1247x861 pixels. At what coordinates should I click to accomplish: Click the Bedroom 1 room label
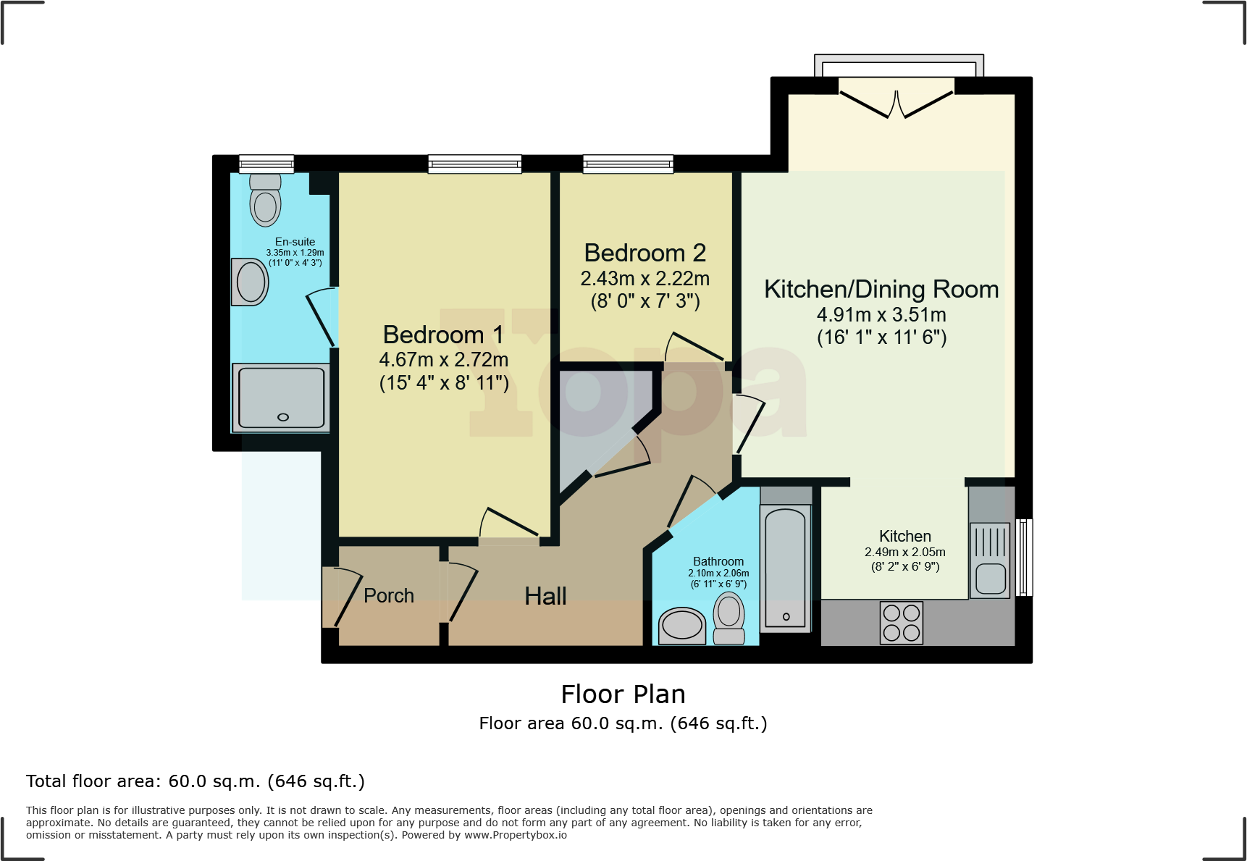tap(442, 335)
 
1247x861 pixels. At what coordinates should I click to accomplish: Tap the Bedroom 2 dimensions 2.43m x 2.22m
tap(645, 279)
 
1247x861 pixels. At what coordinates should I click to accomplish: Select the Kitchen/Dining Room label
tap(881, 289)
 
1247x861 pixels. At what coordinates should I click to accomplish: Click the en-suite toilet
tap(265, 201)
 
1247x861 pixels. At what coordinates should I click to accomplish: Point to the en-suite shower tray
tap(281, 398)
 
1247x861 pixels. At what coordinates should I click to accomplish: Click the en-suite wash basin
tap(250, 282)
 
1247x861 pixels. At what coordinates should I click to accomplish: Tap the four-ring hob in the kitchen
tap(902, 622)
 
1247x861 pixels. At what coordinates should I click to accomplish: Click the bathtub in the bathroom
tap(786, 568)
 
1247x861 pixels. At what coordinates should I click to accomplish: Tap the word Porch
tap(389, 595)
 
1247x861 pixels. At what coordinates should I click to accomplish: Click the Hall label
tap(545, 596)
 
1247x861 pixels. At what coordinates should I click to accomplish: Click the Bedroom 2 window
tap(628, 164)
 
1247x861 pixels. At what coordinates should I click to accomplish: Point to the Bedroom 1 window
tap(474, 164)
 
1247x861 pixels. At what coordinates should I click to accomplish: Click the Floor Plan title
tap(623, 694)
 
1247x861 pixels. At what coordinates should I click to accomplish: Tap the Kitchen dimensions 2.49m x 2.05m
tap(904, 552)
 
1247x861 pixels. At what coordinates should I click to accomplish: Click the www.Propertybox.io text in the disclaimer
tap(515, 835)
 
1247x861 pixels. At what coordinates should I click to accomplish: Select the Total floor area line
tap(195, 781)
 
